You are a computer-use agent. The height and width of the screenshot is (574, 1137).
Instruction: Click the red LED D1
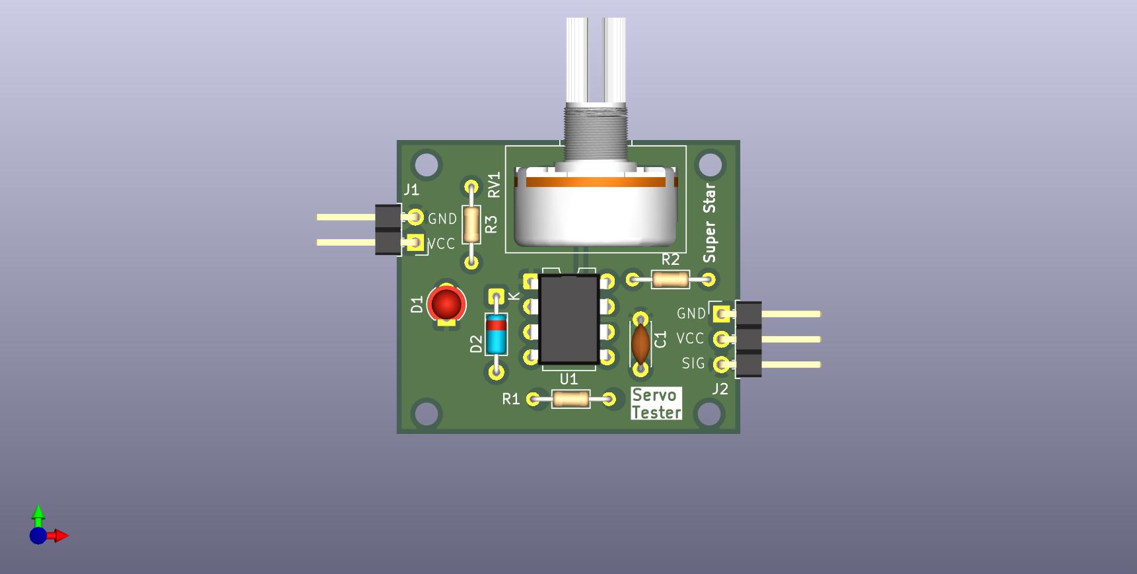[446, 305]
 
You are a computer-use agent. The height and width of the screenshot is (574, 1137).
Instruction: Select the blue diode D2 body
[496, 334]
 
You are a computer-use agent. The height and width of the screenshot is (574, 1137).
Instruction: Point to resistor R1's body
[570, 399]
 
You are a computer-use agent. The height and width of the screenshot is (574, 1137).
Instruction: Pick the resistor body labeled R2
[670, 279]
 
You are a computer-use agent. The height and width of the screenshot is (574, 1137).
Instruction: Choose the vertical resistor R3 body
[471, 225]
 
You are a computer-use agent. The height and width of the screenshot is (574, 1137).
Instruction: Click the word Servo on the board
[654, 395]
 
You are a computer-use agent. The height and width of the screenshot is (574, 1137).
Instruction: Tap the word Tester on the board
[656, 412]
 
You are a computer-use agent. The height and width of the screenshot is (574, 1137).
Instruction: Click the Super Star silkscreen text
[709, 223]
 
